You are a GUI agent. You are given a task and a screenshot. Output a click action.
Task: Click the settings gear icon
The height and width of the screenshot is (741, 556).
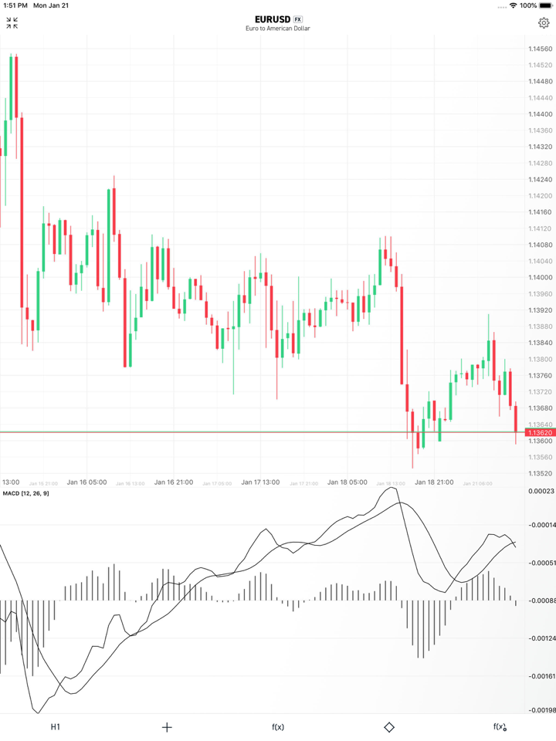tap(544, 23)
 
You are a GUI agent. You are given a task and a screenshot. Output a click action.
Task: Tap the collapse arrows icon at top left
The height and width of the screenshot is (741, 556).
tap(12, 23)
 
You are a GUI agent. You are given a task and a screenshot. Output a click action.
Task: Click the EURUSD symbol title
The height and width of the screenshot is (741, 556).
tap(272, 19)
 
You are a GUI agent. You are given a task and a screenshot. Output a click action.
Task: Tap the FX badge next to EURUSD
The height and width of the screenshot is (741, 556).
tap(298, 19)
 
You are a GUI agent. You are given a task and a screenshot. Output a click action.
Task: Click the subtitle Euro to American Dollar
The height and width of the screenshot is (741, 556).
tap(278, 29)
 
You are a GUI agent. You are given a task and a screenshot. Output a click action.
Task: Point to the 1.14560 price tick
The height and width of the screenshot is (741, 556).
tap(540, 49)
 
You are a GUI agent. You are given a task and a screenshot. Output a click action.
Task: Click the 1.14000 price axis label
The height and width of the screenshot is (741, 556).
tap(540, 278)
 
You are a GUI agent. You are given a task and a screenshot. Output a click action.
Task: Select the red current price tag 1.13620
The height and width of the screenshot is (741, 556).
tap(540, 433)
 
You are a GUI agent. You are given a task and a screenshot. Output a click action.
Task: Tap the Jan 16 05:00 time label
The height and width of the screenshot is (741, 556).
tap(86, 482)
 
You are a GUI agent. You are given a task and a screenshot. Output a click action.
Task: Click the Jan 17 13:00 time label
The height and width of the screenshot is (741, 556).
tap(260, 482)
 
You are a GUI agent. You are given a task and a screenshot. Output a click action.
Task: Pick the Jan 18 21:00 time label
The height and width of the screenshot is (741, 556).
tap(434, 482)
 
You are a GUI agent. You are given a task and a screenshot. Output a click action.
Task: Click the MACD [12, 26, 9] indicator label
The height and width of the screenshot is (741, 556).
tap(25, 493)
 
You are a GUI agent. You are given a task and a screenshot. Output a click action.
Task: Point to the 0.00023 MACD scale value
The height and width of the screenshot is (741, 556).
tap(540, 491)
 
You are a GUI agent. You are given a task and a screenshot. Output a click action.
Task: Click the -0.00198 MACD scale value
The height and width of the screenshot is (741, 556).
tap(540, 710)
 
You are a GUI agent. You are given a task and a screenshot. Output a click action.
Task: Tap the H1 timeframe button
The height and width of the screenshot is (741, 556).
tap(56, 727)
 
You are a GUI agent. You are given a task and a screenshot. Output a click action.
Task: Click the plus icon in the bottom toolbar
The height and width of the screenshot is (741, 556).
tap(167, 727)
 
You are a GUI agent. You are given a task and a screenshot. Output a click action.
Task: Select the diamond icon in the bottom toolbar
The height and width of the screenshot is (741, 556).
tap(389, 727)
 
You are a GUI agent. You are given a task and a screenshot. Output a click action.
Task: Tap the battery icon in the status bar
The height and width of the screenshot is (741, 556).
tap(546, 5)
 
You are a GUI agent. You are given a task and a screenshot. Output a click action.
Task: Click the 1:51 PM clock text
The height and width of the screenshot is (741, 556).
tap(15, 5)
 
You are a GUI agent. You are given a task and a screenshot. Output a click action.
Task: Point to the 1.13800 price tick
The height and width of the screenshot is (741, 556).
tap(540, 360)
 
